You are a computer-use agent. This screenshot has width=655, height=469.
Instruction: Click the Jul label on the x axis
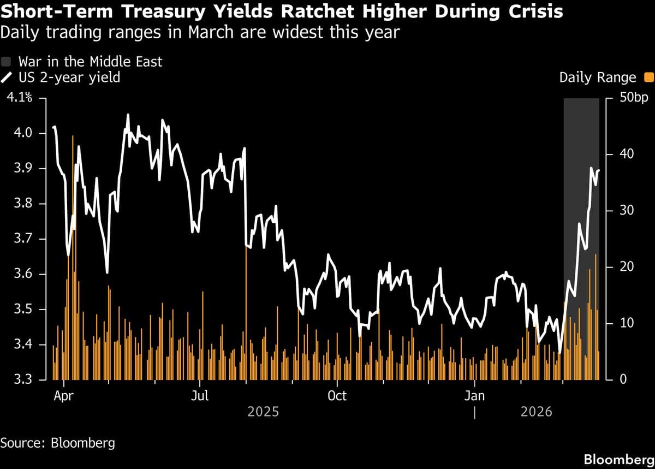click(x=200, y=396)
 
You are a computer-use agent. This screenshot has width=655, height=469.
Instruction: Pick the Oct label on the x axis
click(x=337, y=396)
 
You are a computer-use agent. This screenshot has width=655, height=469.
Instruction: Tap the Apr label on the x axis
click(x=64, y=396)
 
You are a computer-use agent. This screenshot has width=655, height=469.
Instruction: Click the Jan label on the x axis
click(x=474, y=396)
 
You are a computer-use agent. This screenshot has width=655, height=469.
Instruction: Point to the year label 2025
click(x=263, y=411)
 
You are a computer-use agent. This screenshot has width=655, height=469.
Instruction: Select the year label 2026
click(x=537, y=411)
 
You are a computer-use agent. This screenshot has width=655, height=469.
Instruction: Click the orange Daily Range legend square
click(x=648, y=78)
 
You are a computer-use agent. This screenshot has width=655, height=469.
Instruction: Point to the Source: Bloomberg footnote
click(x=58, y=442)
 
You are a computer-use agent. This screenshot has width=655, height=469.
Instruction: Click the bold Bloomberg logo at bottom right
click(x=618, y=459)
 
